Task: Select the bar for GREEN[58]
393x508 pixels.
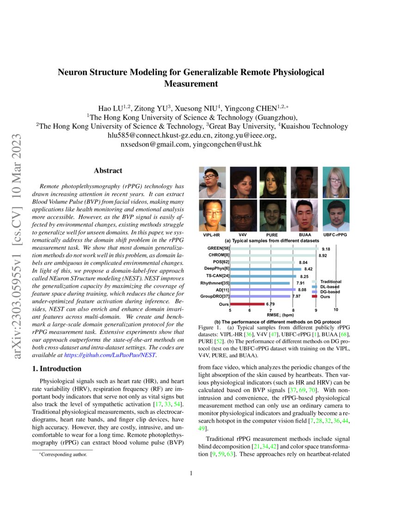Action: click(x=273, y=248)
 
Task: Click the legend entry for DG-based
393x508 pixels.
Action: click(x=330, y=292)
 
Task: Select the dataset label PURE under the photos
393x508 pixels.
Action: click(x=272, y=235)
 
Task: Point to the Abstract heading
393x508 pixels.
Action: click(x=108, y=170)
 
